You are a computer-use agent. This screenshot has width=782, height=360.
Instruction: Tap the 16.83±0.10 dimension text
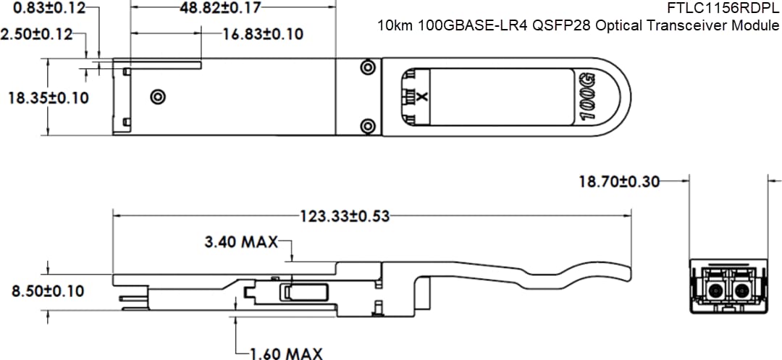click(x=263, y=34)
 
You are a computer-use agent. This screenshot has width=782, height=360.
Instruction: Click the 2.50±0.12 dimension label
click(x=36, y=34)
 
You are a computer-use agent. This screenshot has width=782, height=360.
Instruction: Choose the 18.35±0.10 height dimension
click(x=49, y=97)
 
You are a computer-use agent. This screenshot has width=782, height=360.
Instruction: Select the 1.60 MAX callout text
click(x=286, y=353)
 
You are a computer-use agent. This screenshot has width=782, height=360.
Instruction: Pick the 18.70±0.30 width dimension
click(x=619, y=181)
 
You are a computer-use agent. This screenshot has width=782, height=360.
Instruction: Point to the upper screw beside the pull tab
click(x=367, y=68)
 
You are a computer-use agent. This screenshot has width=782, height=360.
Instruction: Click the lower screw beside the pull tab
click(x=367, y=125)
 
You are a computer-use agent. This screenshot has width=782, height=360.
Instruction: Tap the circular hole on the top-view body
click(x=157, y=96)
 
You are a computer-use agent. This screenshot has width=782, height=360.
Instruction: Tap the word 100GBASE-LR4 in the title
click(x=463, y=25)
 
